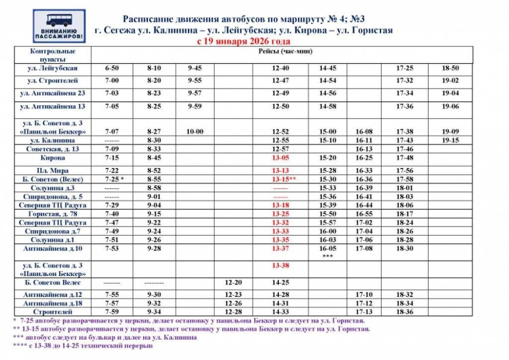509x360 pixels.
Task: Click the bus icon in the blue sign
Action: (59, 20)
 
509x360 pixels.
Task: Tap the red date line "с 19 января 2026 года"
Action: (243, 41)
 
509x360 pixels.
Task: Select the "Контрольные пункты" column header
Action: (53, 54)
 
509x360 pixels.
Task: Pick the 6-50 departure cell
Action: (111, 68)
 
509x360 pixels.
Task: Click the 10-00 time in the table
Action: (194, 131)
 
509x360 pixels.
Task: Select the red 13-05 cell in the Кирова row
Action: (280, 158)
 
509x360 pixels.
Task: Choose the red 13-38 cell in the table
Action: (280, 265)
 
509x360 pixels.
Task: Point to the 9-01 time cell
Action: (154, 197)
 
